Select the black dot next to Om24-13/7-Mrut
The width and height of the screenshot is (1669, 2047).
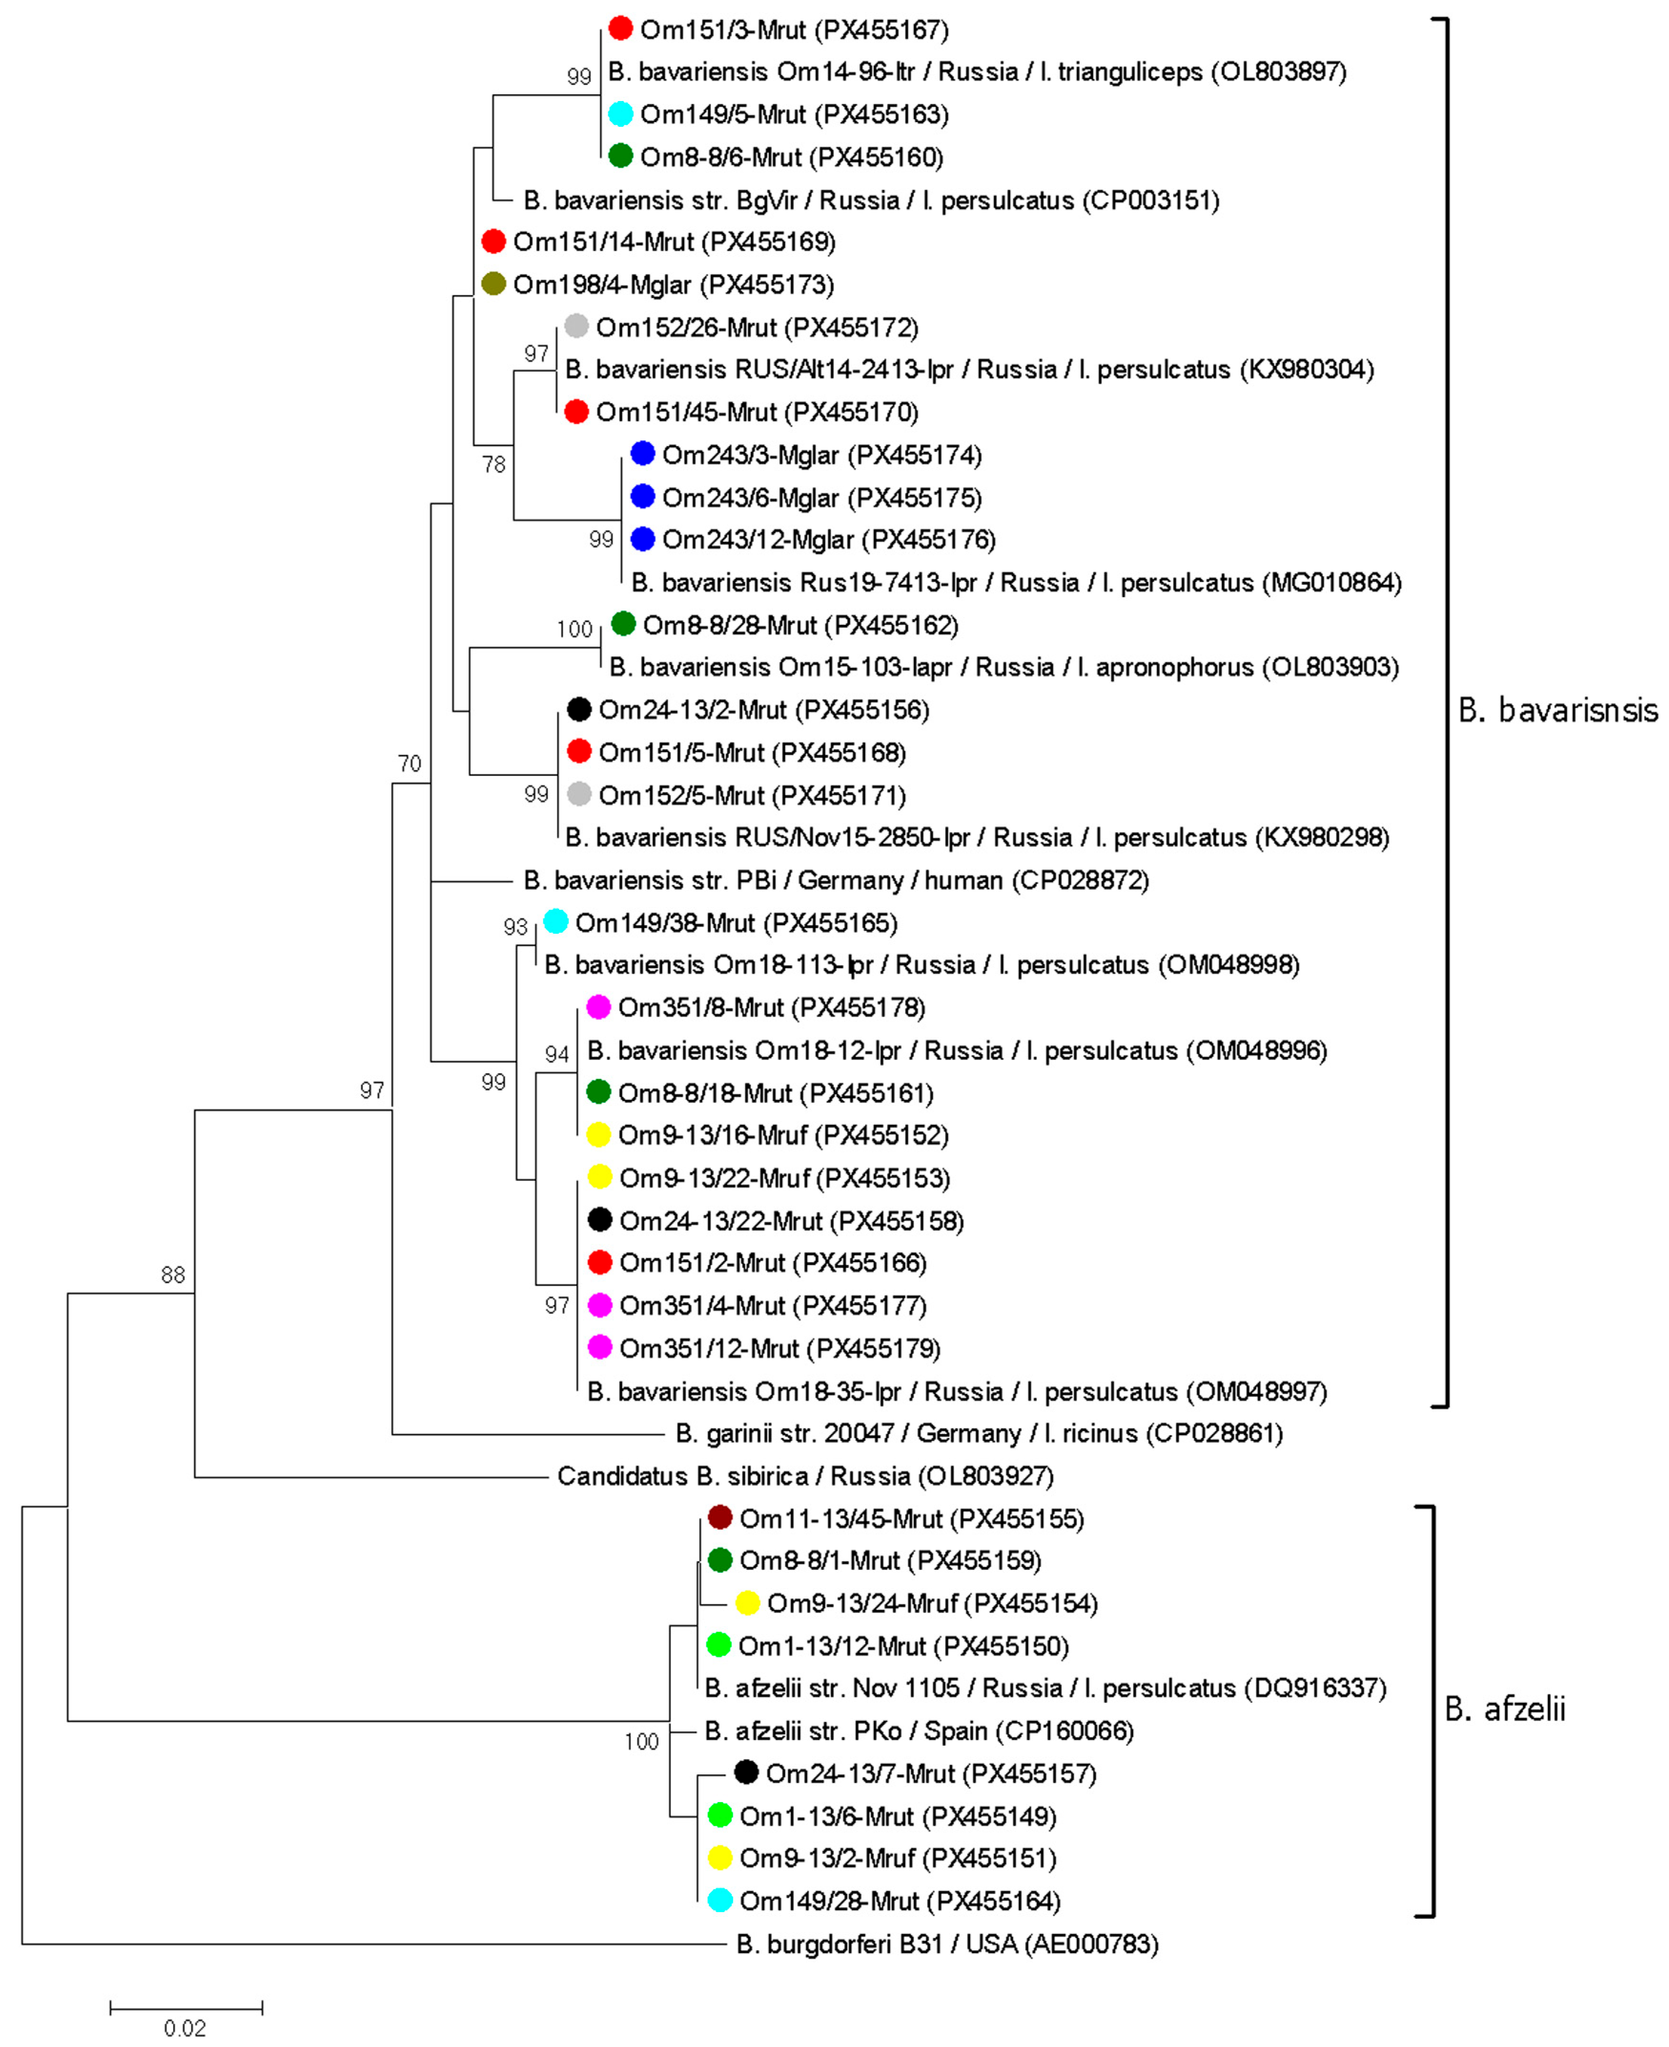pos(746,1772)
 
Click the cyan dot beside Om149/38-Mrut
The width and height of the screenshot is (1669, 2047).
pos(556,921)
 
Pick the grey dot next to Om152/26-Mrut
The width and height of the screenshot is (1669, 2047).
pos(576,326)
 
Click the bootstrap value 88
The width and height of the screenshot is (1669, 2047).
pos(173,1275)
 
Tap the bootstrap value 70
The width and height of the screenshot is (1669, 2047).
pos(409,764)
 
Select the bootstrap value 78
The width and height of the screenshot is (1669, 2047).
pos(493,464)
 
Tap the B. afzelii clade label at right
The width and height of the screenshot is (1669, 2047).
pos(1505,1709)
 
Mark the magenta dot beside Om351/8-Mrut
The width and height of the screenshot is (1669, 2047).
pos(598,1007)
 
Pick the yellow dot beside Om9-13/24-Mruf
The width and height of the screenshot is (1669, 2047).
pos(747,1603)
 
